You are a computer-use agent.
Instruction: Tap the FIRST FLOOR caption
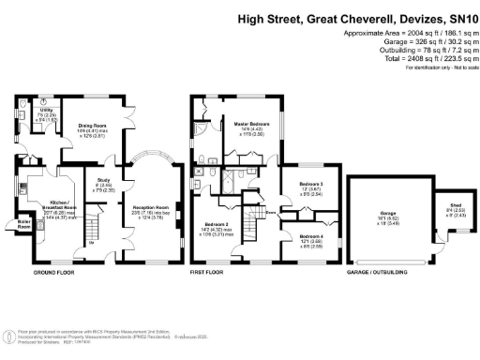click(211, 274)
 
